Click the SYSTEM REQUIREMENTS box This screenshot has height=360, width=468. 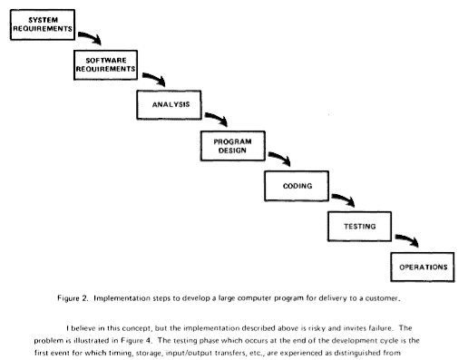point(38,24)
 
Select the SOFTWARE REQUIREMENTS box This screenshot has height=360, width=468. point(105,63)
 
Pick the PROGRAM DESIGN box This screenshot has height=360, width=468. point(231,146)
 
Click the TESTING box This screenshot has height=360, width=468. point(358,226)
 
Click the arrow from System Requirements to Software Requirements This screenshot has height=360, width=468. point(89,37)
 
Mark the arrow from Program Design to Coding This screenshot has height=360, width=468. point(279,160)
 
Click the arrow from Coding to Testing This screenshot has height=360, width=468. point(342,199)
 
